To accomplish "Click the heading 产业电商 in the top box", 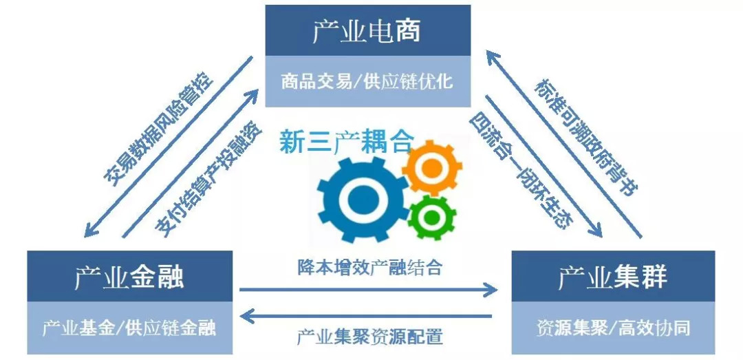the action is click(367, 31).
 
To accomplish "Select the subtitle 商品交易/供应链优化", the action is click(367, 81).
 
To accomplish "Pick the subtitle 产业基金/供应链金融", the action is click(129, 328).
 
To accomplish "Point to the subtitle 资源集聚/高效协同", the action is click(612, 328).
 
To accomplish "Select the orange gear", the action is click(431, 167).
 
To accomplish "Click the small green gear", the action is click(431, 217).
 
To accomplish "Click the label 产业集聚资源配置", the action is click(369, 337).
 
